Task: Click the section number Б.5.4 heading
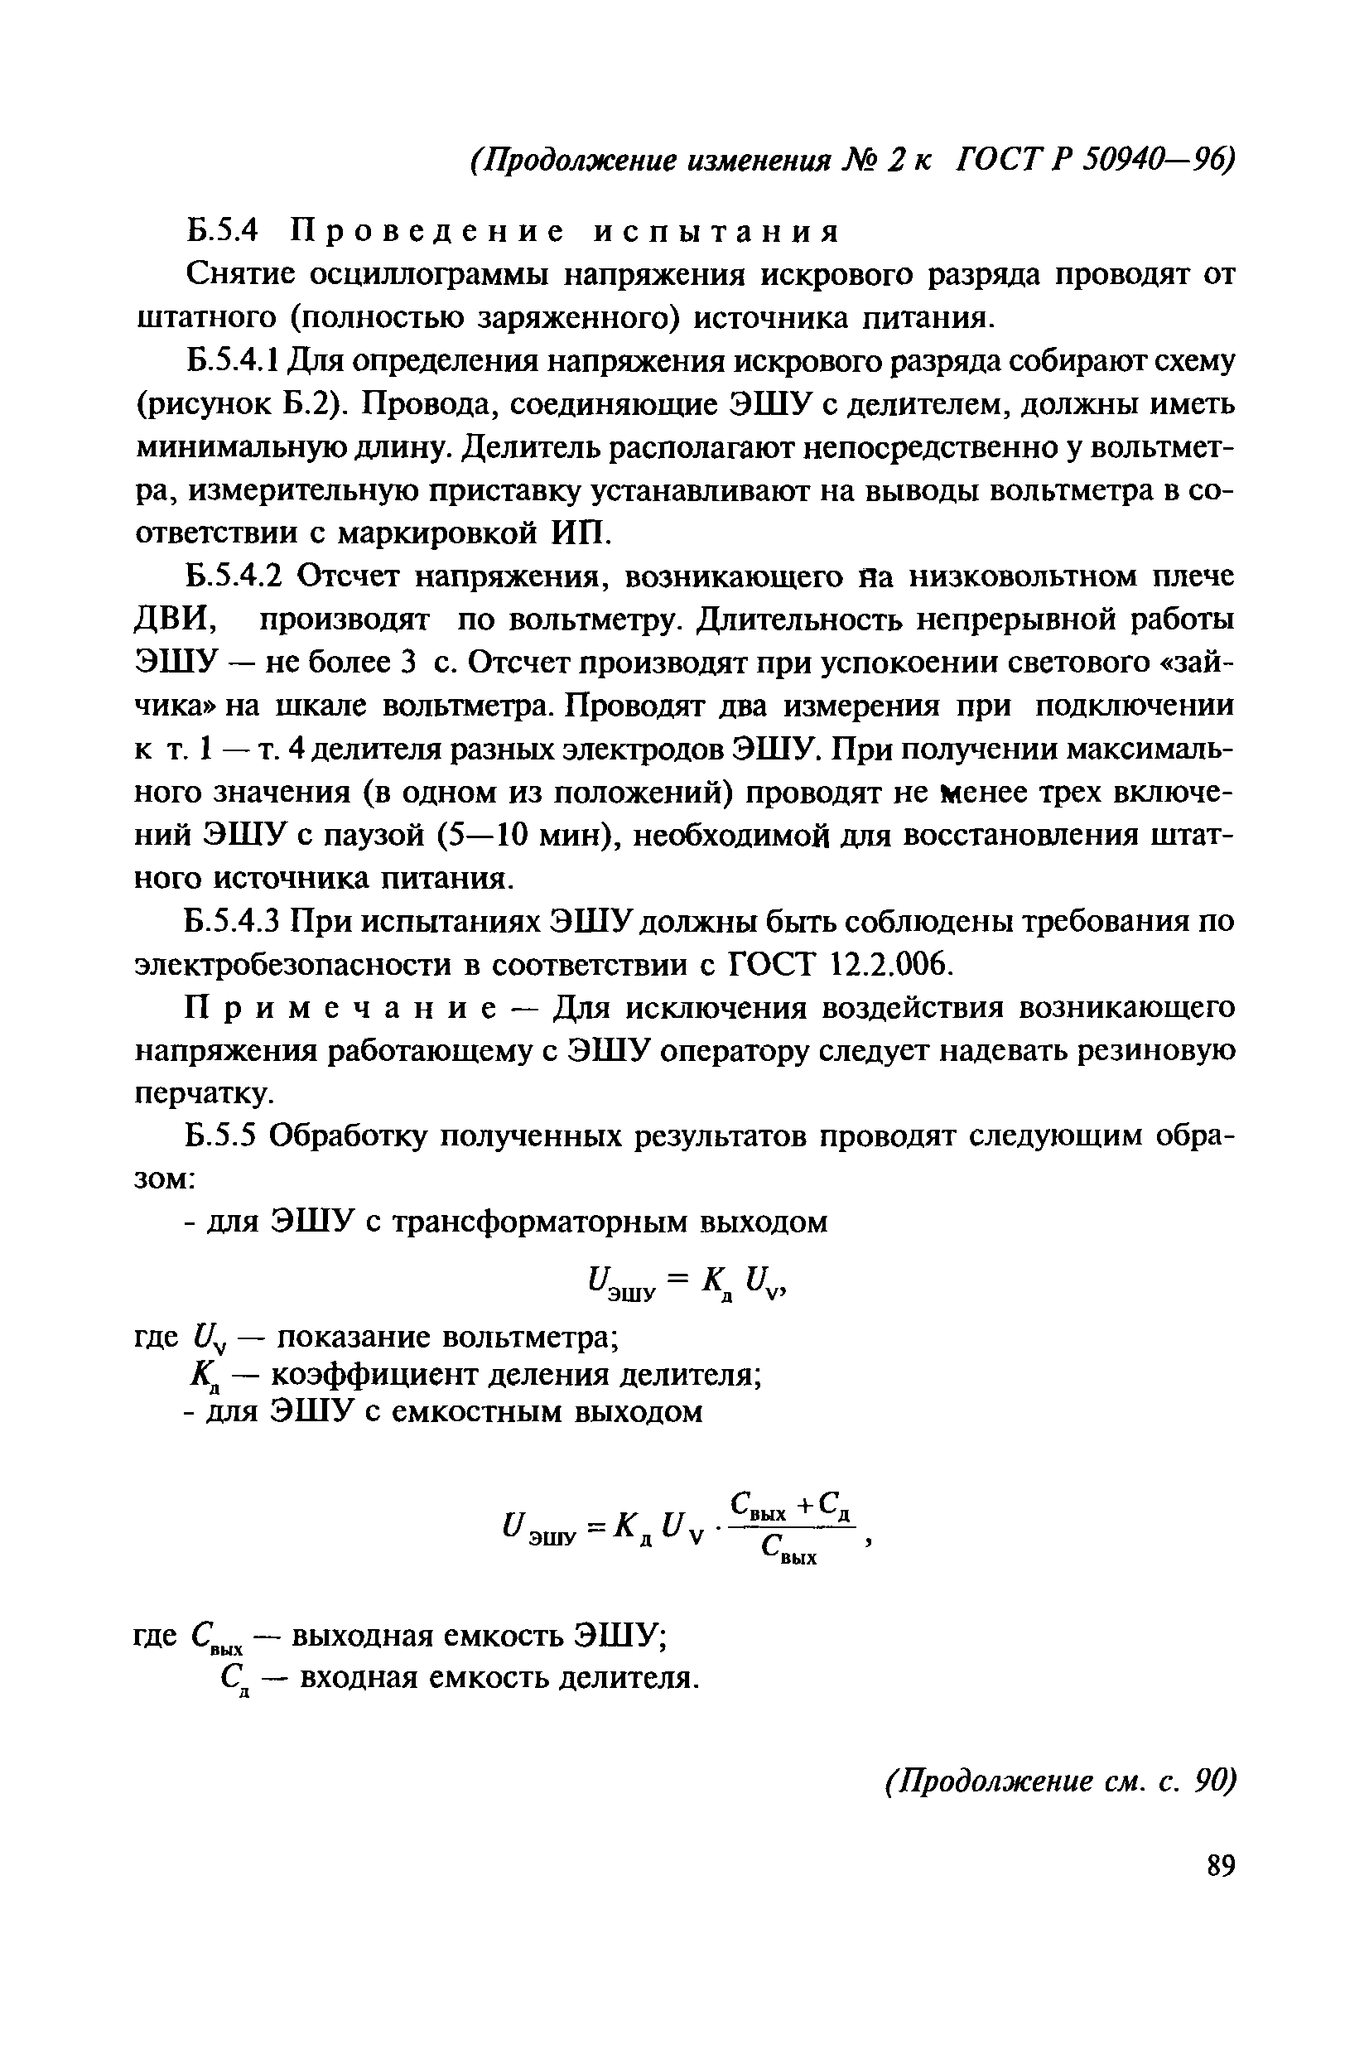click(224, 230)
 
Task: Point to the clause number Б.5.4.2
click(235, 576)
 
